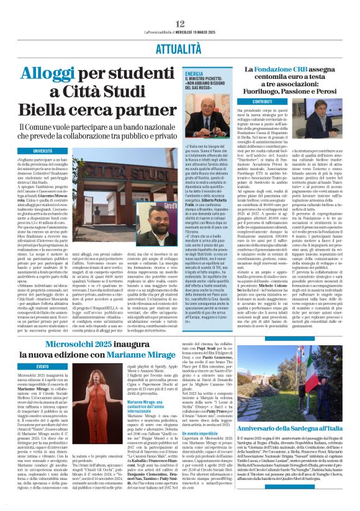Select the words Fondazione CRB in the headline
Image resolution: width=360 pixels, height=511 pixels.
point(285,71)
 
